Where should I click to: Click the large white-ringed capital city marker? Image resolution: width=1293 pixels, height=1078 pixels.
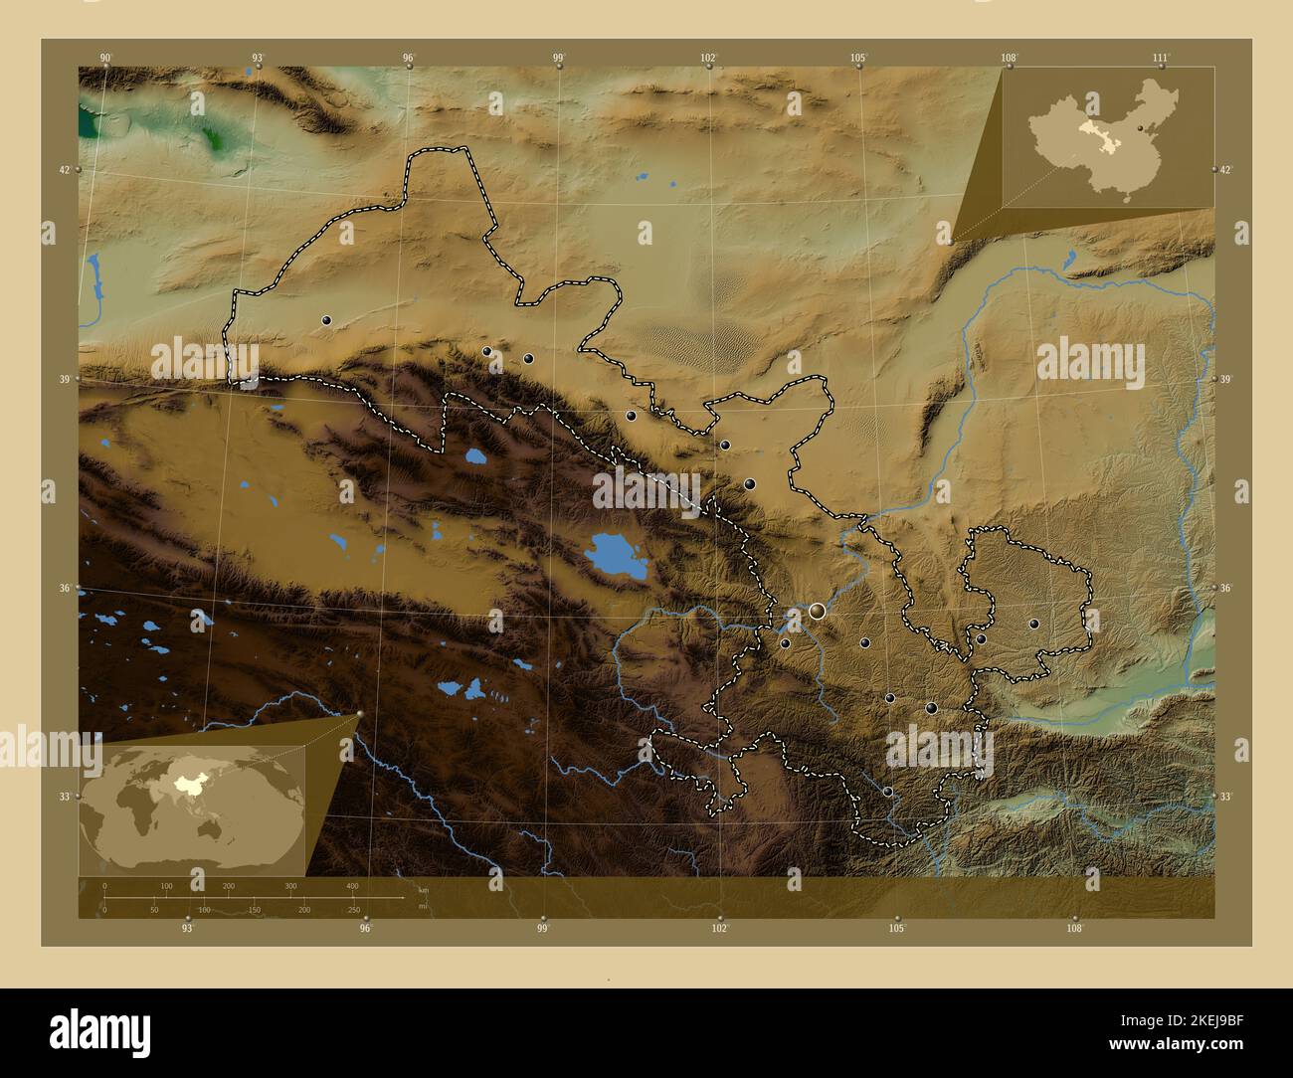(x=817, y=611)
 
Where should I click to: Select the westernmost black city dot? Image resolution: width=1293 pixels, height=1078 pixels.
(x=326, y=320)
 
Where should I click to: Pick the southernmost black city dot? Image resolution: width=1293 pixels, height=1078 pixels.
(x=887, y=792)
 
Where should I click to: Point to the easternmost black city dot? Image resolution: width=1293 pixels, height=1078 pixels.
(x=1033, y=624)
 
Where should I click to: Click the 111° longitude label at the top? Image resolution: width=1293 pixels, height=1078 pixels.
(x=1161, y=58)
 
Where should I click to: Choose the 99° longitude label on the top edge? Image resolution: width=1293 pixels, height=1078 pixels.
(x=559, y=58)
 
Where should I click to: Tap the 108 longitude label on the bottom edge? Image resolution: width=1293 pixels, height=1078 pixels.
(x=1073, y=929)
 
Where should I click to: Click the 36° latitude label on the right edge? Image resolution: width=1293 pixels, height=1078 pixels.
(x=1226, y=589)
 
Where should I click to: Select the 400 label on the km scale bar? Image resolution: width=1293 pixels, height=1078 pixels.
(x=352, y=885)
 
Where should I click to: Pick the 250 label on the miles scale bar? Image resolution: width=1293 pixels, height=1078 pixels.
(x=353, y=910)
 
